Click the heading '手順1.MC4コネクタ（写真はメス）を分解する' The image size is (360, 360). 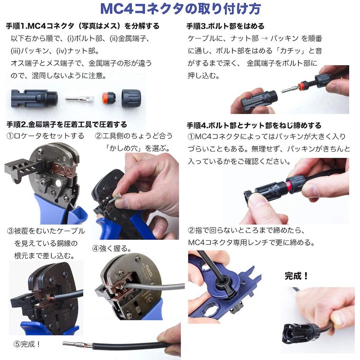83,26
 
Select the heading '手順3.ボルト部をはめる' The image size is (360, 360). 225,26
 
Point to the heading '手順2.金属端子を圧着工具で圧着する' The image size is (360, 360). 67,124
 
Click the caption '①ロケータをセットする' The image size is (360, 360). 45,135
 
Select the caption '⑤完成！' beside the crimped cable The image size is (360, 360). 27,344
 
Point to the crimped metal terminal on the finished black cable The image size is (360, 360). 74,346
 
